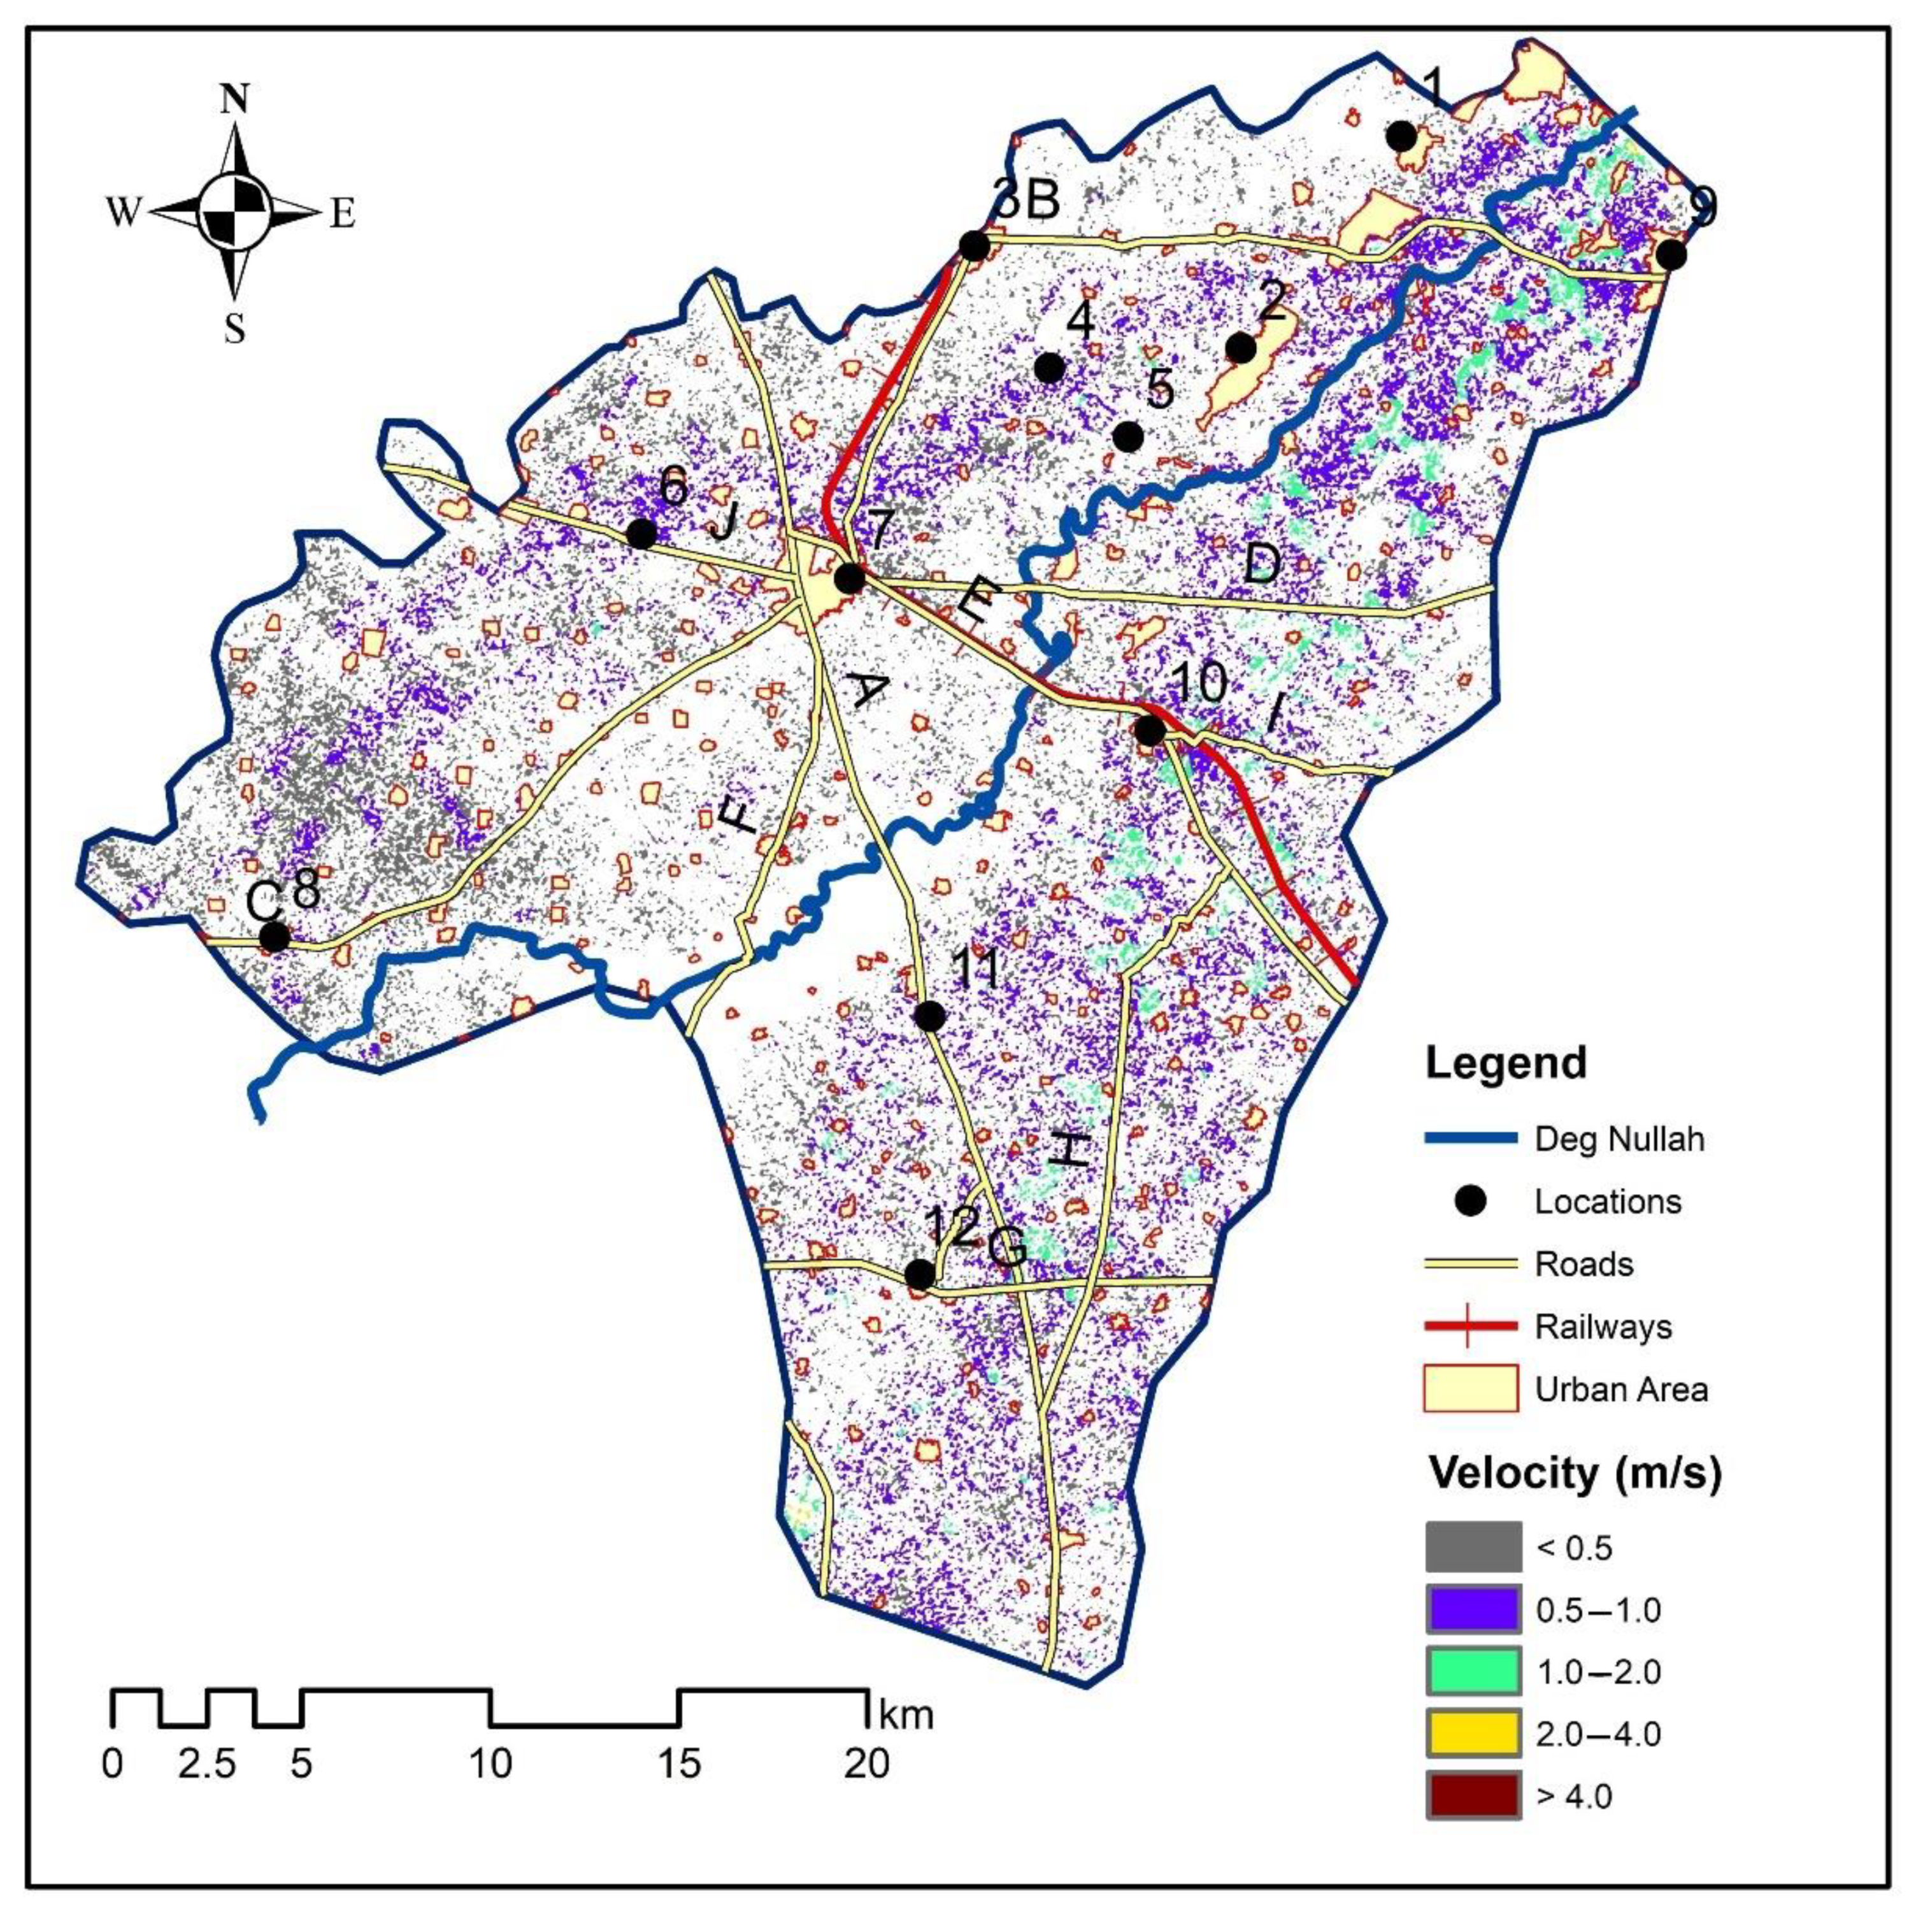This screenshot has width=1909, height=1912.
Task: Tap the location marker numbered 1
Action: pos(1401,136)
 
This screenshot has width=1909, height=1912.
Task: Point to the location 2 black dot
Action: pos(1241,349)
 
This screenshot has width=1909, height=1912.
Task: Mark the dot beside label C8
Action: pos(274,936)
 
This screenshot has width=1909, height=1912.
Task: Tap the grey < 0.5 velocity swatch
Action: pos(1473,1547)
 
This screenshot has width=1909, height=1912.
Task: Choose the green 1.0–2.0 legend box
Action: pos(1473,1672)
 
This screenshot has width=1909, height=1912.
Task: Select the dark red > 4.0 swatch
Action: pos(1473,1796)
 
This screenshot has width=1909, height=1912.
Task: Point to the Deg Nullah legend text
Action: pos(1619,1139)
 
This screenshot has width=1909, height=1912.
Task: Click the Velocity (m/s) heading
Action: pos(1575,1474)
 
